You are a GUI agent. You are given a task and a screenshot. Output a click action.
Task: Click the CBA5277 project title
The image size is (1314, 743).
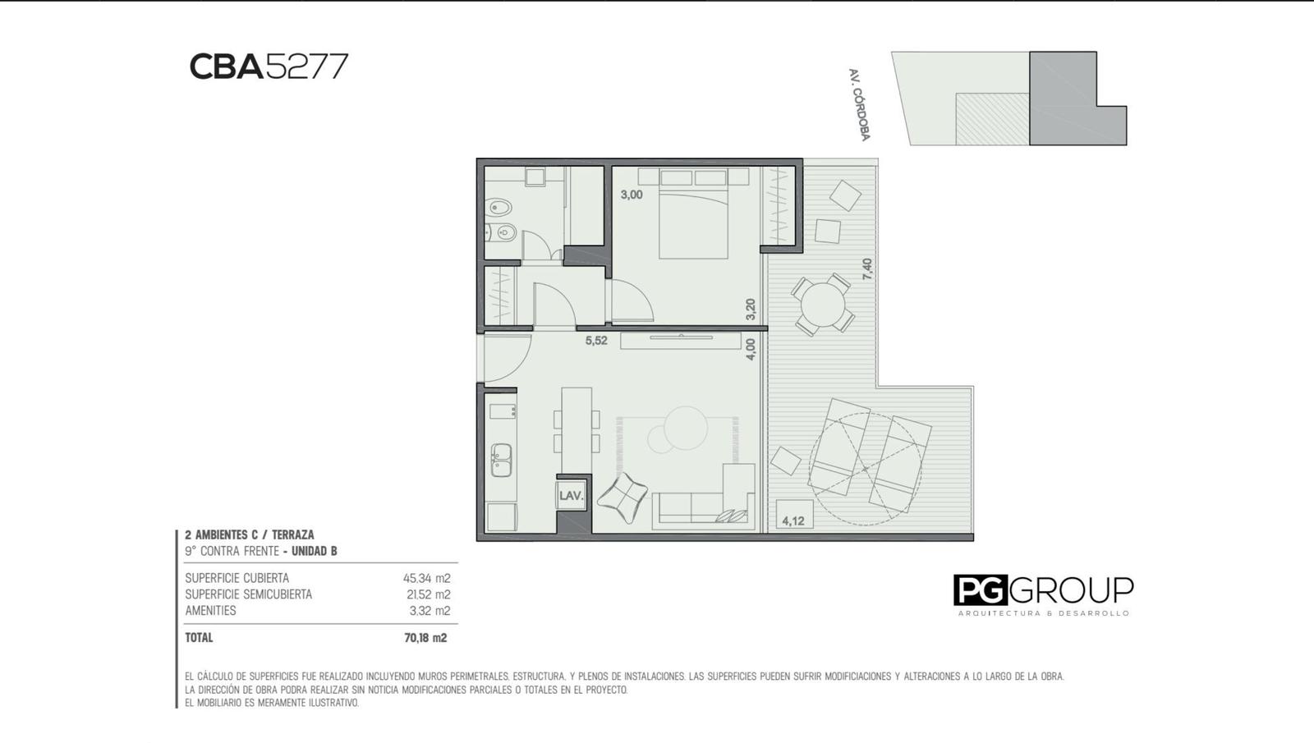pos(269,67)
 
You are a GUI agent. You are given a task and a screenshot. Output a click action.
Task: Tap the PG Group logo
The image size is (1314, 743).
pos(1043,595)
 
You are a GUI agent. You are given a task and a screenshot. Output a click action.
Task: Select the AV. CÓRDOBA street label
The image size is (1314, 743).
pos(859,105)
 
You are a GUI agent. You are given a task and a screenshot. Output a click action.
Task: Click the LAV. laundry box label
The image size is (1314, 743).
pos(571,496)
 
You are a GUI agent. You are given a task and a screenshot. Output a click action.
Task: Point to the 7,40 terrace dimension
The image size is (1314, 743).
pos(867,269)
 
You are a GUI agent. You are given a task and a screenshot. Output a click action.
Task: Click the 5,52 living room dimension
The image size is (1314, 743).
pos(596,341)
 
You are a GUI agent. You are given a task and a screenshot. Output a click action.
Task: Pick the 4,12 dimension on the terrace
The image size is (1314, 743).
pos(793,521)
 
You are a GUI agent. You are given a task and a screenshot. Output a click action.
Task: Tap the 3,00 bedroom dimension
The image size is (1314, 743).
pos(632,195)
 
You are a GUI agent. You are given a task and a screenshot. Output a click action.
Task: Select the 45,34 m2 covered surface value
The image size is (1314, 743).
pos(426,578)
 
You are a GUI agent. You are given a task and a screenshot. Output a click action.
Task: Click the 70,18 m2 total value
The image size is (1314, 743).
pos(425,638)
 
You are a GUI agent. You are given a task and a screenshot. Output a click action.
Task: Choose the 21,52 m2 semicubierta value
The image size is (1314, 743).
pos(429,594)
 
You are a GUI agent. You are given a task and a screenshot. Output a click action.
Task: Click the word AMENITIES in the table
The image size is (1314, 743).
pos(210,611)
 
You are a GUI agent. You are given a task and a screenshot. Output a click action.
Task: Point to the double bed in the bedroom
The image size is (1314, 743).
pos(693,214)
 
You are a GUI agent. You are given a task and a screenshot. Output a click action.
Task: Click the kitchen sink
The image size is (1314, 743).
pos(501,460)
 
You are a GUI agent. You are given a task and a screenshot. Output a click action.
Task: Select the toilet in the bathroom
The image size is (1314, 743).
pos(500,207)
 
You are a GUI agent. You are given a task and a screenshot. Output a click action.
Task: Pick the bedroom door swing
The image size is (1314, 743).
pos(632,300)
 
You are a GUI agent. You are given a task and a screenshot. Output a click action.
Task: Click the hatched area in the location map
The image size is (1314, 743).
pos(993,119)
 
